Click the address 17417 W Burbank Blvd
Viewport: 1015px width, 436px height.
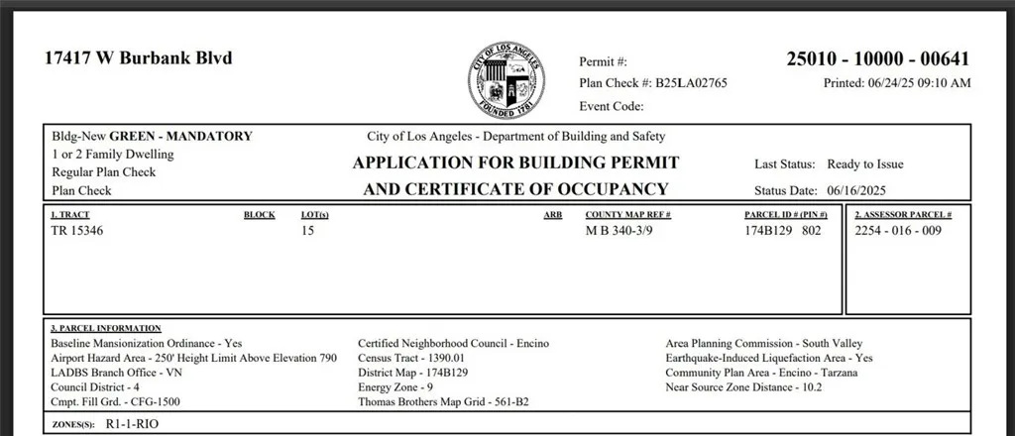coord(138,58)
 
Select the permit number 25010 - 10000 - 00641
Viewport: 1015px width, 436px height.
coord(877,59)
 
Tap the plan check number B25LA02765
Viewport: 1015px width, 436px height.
coord(691,83)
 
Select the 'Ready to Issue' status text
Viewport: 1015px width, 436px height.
coord(865,164)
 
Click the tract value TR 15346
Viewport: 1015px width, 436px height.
coord(76,231)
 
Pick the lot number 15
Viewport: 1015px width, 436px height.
coord(307,231)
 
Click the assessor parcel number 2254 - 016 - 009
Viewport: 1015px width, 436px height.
coord(897,231)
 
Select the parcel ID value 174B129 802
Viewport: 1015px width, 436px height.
coord(783,231)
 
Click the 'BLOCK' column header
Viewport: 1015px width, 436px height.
coord(259,214)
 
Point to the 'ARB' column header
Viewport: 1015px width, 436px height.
coord(553,214)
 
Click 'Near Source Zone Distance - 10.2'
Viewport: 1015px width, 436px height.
coord(743,387)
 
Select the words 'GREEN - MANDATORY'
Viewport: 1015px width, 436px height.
coord(180,137)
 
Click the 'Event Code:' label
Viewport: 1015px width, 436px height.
coord(612,106)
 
